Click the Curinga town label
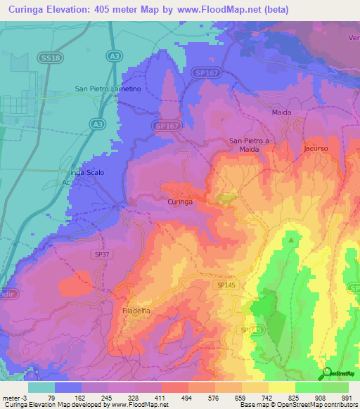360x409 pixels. pyautogui.click(x=179, y=202)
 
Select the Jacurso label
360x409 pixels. pyautogui.click(x=316, y=149)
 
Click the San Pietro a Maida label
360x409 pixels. pyautogui.click(x=250, y=145)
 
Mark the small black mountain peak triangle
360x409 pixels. pyautogui.click(x=291, y=239)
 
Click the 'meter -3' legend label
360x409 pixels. pyautogui.click(x=15, y=398)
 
